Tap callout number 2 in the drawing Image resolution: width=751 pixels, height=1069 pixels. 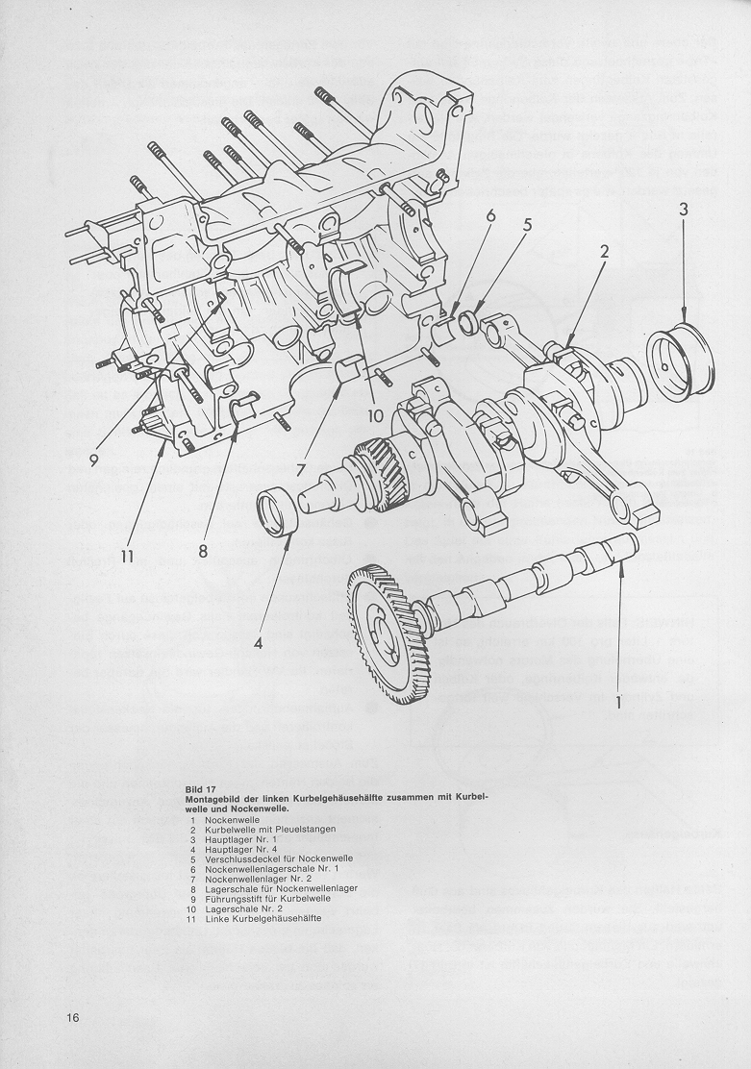click(606, 253)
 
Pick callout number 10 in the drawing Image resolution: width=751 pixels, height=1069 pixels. click(374, 416)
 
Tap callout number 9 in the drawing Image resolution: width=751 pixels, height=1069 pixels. click(94, 460)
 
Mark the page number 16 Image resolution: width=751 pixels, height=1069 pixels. click(73, 1018)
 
